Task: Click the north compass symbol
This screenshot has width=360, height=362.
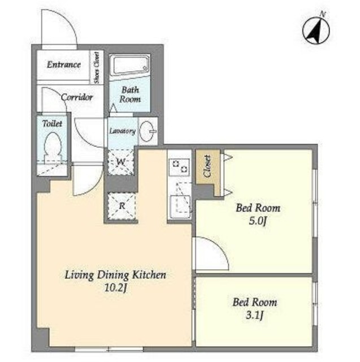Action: pyautogui.click(x=316, y=29)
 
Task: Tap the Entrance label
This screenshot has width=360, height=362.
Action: pyautogui.click(x=64, y=64)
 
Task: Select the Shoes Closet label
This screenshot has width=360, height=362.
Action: pyautogui.click(x=97, y=67)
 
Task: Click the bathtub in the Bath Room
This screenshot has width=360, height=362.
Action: pyautogui.click(x=129, y=64)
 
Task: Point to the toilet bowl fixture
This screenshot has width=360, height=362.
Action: pyautogui.click(x=54, y=145)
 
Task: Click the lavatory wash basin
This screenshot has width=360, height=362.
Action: pyautogui.click(x=148, y=131)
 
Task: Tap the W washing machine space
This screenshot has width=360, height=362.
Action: pyautogui.click(x=121, y=162)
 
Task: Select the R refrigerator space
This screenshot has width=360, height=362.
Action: pyautogui.click(x=122, y=205)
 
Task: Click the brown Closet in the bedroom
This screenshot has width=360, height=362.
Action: pyautogui.click(x=207, y=172)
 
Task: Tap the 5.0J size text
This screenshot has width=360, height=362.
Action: pyautogui.click(x=258, y=221)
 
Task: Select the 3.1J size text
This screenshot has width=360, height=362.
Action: pyautogui.click(x=254, y=316)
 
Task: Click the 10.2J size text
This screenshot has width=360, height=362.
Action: pyautogui.click(x=115, y=288)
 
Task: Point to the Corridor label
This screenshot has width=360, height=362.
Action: pyautogui.click(x=77, y=97)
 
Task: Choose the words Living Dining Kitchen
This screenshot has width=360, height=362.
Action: pyautogui.click(x=115, y=275)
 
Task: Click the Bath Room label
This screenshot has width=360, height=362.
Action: pyautogui.click(x=130, y=94)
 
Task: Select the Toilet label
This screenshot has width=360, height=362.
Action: pyautogui.click(x=53, y=123)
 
